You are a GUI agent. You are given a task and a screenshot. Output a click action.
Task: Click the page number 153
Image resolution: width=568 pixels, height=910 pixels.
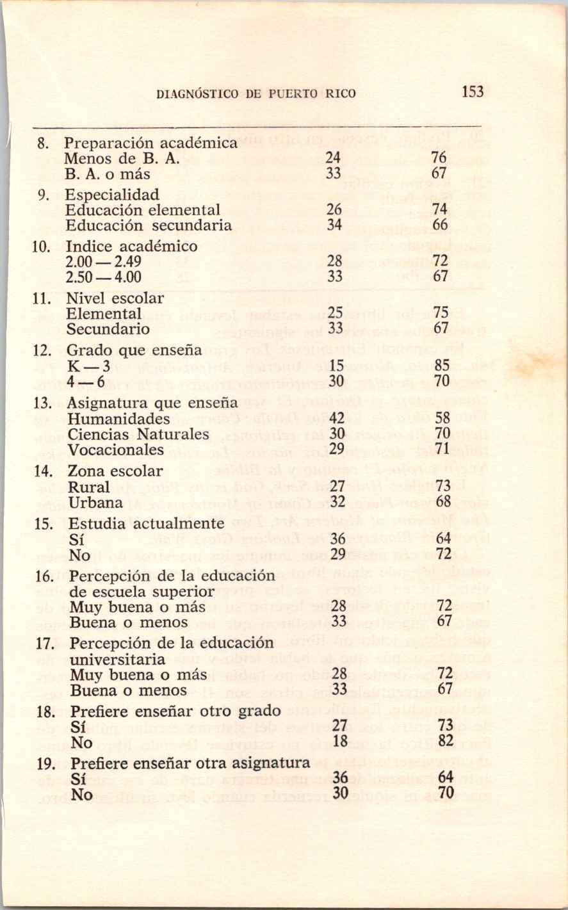pos(472,92)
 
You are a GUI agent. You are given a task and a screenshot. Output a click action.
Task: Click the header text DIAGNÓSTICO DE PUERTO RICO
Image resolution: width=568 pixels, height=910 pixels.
pos(256,94)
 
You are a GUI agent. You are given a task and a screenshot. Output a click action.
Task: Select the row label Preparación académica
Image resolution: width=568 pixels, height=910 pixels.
pos(152,143)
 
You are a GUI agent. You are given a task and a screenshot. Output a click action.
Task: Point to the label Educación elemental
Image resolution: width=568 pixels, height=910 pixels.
pos(143,209)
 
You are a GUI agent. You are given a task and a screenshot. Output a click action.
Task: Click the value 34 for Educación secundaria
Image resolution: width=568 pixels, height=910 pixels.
pos(334,225)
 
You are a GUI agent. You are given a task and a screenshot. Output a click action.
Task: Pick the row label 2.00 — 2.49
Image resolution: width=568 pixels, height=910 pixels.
pos(103,261)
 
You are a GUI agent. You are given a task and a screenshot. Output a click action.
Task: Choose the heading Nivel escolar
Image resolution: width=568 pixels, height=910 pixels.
pos(115,298)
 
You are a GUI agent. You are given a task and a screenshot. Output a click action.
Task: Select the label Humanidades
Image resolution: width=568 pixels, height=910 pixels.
pos(119,419)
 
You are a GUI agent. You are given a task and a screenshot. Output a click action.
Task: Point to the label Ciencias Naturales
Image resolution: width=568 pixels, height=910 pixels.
pos(138,434)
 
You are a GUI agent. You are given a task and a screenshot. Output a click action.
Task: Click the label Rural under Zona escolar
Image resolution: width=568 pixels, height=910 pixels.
pos(89,487)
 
